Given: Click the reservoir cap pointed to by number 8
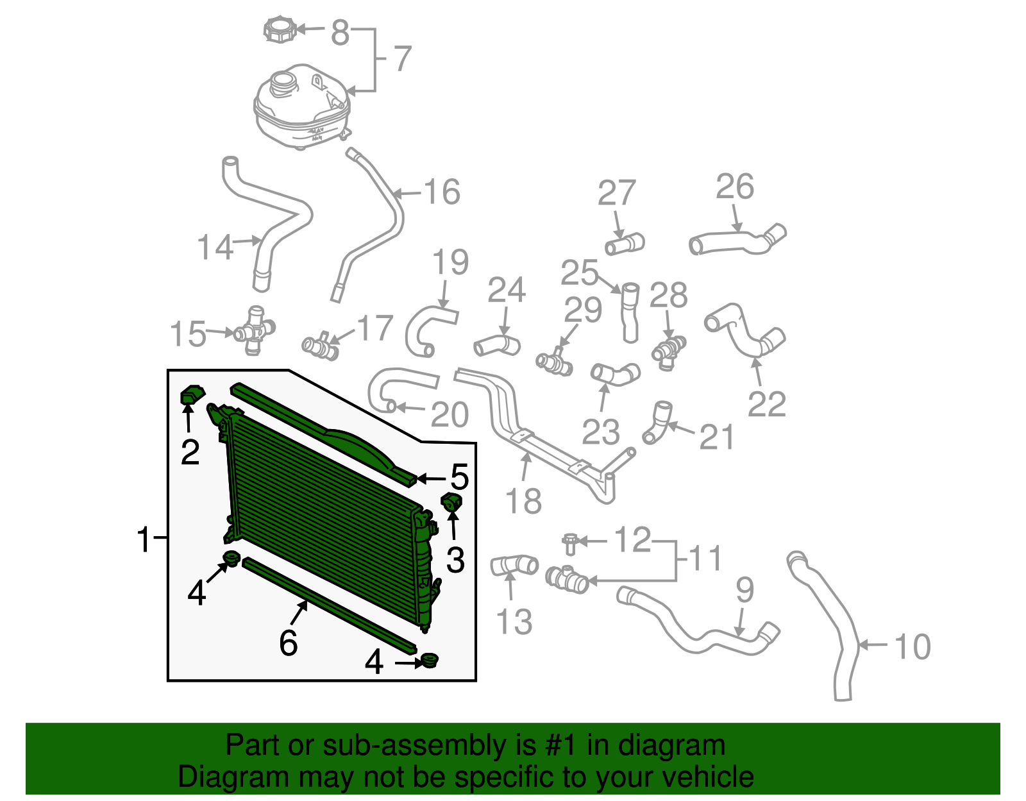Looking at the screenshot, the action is (280, 30).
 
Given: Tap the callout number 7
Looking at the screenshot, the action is (402, 59).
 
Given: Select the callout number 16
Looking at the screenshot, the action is (442, 192).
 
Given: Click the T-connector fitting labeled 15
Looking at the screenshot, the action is (255, 330).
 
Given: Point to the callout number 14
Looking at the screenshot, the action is (215, 248).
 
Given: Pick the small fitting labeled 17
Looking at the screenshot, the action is (321, 347).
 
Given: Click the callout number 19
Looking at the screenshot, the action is (450, 262).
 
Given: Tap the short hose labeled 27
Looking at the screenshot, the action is (625, 244).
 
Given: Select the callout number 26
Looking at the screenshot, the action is (735, 187).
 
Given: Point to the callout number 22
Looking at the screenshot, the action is (766, 404).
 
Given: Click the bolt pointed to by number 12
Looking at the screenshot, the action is (570, 543).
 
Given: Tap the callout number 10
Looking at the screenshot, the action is (912, 646).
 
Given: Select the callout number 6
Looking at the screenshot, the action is (289, 642).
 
